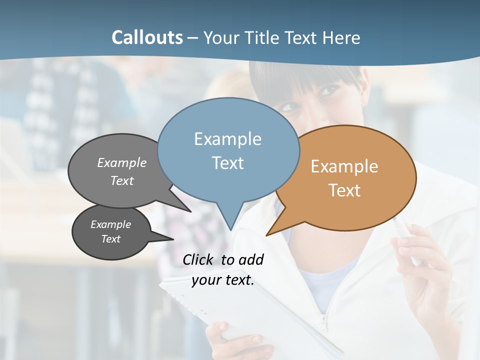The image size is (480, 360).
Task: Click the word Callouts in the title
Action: [x=147, y=37]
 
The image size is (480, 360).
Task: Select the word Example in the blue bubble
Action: [x=227, y=139]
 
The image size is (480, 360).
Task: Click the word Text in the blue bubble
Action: [x=227, y=163]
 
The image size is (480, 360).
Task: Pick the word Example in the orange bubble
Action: [x=344, y=166]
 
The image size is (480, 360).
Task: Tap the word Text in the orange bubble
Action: [x=344, y=190]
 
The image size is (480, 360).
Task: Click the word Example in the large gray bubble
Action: [x=122, y=162]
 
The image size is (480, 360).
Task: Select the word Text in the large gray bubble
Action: [x=122, y=180]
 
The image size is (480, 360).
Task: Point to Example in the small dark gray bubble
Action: [x=111, y=224]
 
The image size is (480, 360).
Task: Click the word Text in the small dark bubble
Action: [x=111, y=239]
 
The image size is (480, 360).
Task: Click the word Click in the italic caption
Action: [x=198, y=259]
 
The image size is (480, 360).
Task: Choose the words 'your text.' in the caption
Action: [x=223, y=280]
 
